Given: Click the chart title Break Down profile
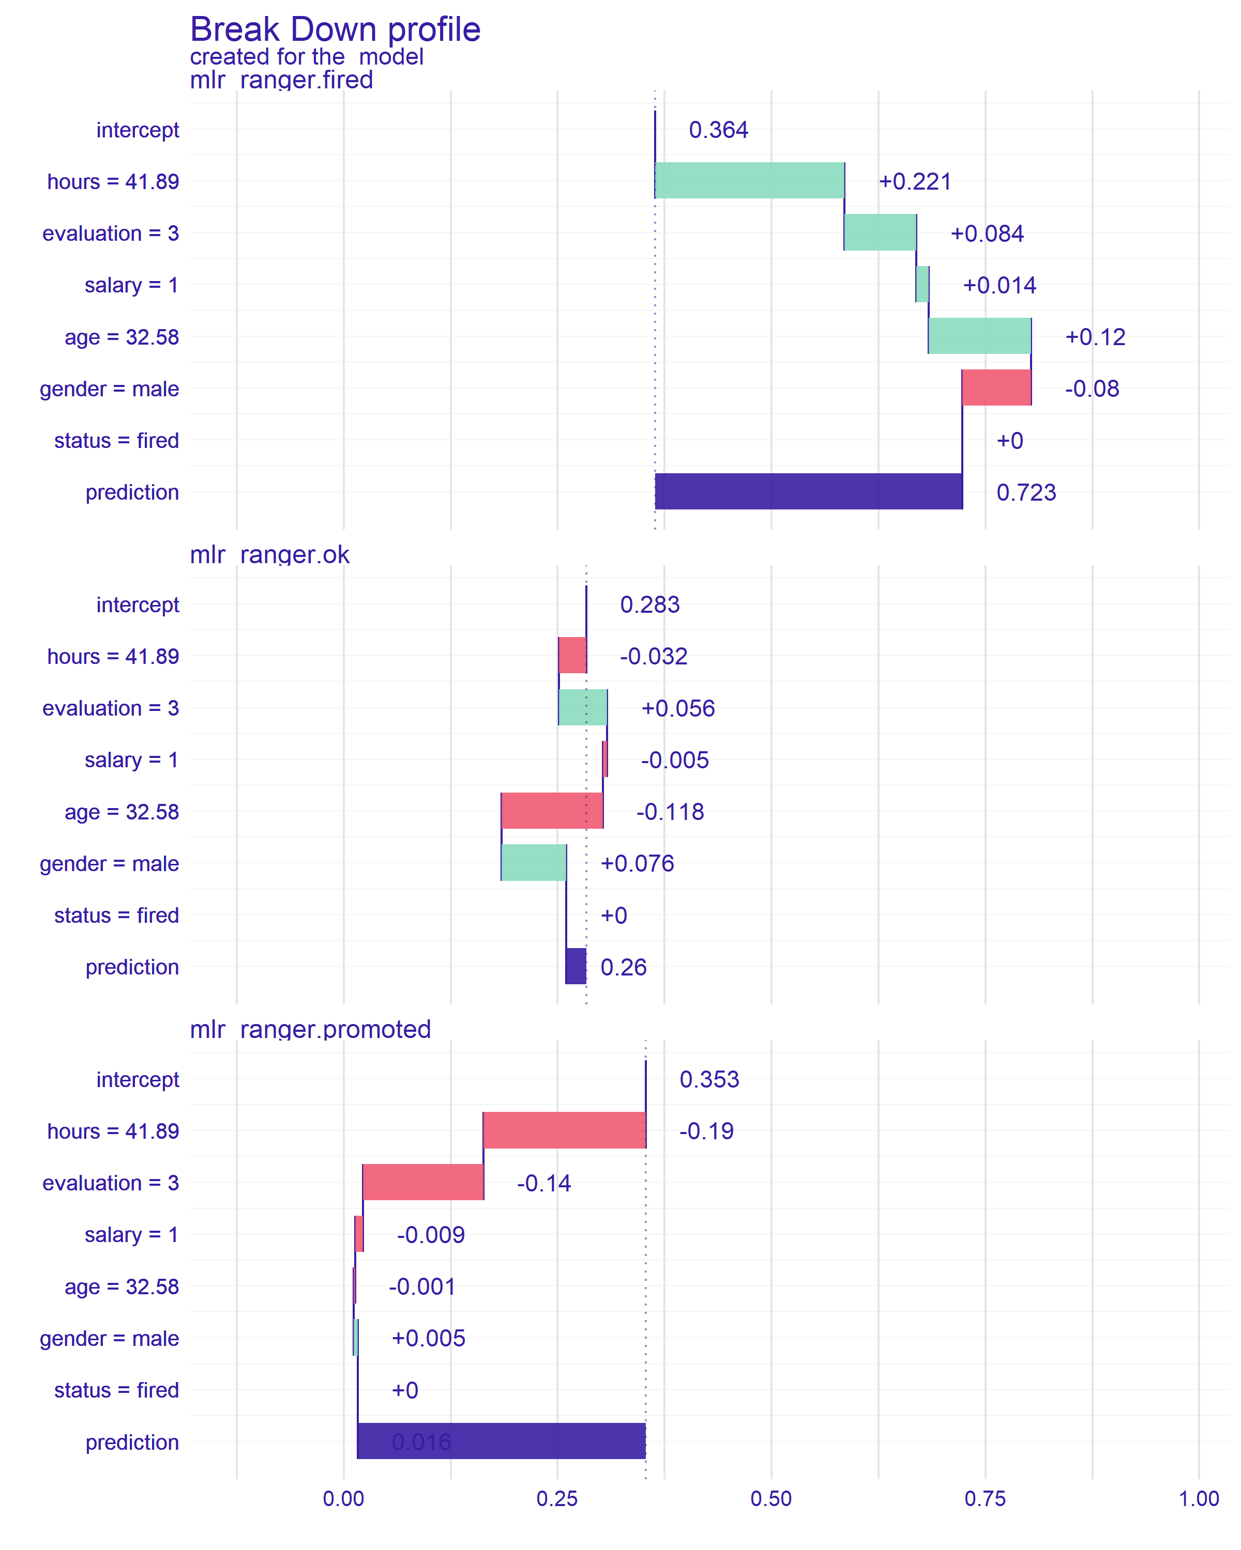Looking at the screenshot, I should click(335, 30).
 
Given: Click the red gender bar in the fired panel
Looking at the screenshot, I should click(996, 388).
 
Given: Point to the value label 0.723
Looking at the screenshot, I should click(1025, 492).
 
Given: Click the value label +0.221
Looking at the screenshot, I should click(914, 182).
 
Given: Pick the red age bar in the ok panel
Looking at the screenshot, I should click(552, 811).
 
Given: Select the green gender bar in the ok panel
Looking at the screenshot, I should click(533, 863).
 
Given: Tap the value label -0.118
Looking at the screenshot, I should click(669, 812).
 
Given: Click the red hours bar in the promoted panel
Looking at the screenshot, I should click(564, 1130).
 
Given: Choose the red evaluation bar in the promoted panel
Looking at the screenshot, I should click(423, 1182).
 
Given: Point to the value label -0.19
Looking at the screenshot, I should click(706, 1131).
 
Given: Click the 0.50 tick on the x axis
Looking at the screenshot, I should click(770, 1499).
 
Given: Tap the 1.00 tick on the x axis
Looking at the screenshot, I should click(1198, 1499).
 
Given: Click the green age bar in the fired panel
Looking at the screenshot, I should click(979, 336).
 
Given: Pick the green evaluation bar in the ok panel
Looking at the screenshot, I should click(582, 707).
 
